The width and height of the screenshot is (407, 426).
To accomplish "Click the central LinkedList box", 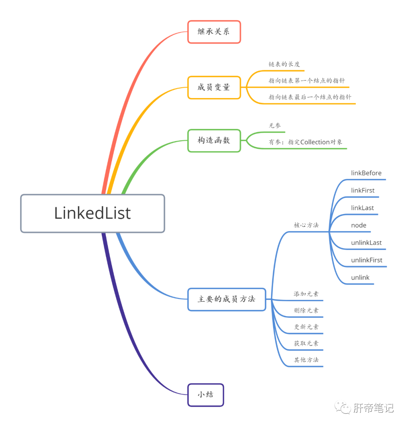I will [x=92, y=213].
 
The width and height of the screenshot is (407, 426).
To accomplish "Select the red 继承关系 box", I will [x=214, y=32].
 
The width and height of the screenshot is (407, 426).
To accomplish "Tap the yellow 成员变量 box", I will [x=214, y=88].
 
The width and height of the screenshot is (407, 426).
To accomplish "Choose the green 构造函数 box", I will [x=214, y=140].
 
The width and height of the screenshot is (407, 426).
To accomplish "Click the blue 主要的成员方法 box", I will [x=226, y=299].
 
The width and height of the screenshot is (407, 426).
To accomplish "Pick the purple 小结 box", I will [x=206, y=395].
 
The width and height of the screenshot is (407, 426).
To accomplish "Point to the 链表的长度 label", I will [x=284, y=64].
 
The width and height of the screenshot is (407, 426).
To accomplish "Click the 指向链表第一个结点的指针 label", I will [x=307, y=80].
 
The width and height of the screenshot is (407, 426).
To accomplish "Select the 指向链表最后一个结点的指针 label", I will [x=310, y=97].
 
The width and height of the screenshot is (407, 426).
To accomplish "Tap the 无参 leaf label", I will [x=275, y=126].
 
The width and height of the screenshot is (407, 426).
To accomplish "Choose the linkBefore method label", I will [x=366, y=173].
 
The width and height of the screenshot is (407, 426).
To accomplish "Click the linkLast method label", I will [x=363, y=208].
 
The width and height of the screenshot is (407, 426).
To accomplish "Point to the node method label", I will [x=359, y=225].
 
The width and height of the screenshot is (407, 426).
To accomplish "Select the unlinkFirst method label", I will [x=367, y=260].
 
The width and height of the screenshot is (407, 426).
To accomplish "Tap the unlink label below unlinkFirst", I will [x=360, y=277].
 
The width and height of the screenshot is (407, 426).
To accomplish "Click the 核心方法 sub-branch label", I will [x=306, y=225].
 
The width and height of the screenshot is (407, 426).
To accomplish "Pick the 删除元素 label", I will [x=306, y=311].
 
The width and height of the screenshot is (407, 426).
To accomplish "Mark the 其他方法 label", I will [x=306, y=360].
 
